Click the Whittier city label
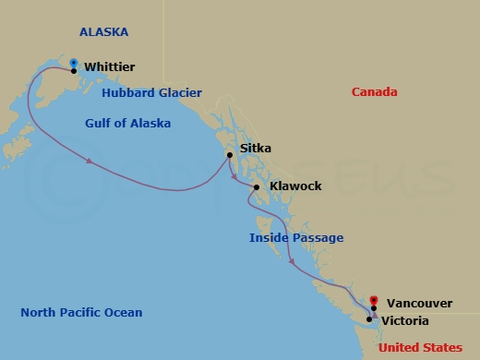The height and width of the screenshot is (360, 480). coord(109,67)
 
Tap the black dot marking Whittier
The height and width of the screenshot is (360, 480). coord(74,71)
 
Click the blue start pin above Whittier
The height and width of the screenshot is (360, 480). coord(74,63)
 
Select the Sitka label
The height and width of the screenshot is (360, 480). coord(255,148)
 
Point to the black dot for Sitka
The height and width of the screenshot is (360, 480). coord(230,155)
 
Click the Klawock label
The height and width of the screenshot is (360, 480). coord(295,186)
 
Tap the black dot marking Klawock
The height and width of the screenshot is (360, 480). coord(256,187)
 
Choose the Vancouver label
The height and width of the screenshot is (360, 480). coord(418,302)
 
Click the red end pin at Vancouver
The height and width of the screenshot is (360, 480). coord(373,299)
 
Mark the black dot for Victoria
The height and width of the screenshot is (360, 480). coord(369,320)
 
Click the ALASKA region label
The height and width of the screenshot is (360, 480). coord(103,32)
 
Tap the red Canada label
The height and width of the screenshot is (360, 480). coord(375,92)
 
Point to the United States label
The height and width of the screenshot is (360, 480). coord(421,347)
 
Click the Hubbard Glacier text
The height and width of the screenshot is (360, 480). coord(151,93)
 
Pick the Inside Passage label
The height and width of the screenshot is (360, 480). coord(296,238)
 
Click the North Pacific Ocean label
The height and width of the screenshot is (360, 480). coord(81,313)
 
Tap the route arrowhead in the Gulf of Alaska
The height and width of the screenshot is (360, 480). coord(90,162)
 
